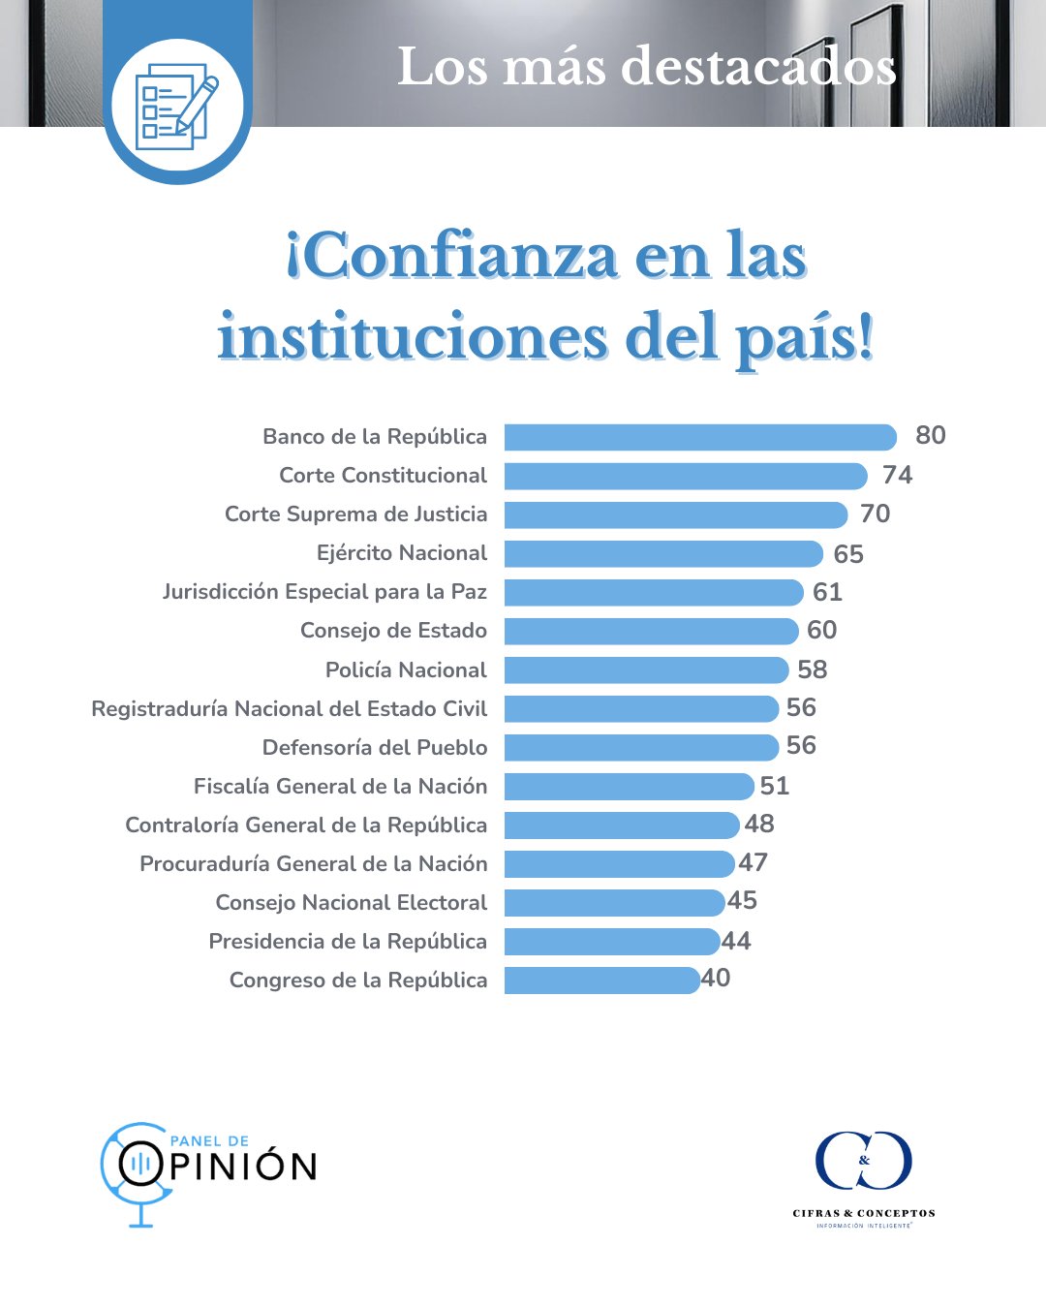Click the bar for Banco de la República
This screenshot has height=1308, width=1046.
click(699, 437)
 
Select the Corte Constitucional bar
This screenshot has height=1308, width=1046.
click(685, 476)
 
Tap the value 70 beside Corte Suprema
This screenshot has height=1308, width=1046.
click(875, 514)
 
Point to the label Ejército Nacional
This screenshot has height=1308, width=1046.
click(402, 553)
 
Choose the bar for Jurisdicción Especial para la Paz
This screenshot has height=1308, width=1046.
click(653, 592)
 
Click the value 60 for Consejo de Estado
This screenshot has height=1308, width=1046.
click(821, 630)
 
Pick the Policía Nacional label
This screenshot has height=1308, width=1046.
click(406, 670)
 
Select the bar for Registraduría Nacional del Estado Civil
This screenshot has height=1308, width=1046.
click(640, 708)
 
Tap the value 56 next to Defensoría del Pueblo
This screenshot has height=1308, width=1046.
click(801, 745)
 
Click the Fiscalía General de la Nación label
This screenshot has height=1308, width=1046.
click(340, 786)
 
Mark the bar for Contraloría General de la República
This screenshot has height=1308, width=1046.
click(621, 825)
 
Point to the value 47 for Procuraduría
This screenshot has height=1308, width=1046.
click(753, 862)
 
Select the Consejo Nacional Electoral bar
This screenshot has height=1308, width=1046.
click(614, 902)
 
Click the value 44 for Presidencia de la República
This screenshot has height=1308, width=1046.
click(736, 941)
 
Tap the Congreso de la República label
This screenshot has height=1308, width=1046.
click(358, 980)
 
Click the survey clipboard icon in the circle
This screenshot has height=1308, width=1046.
click(177, 107)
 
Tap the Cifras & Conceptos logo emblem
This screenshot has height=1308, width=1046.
click(863, 1160)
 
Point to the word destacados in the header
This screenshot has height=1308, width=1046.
click(758, 68)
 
